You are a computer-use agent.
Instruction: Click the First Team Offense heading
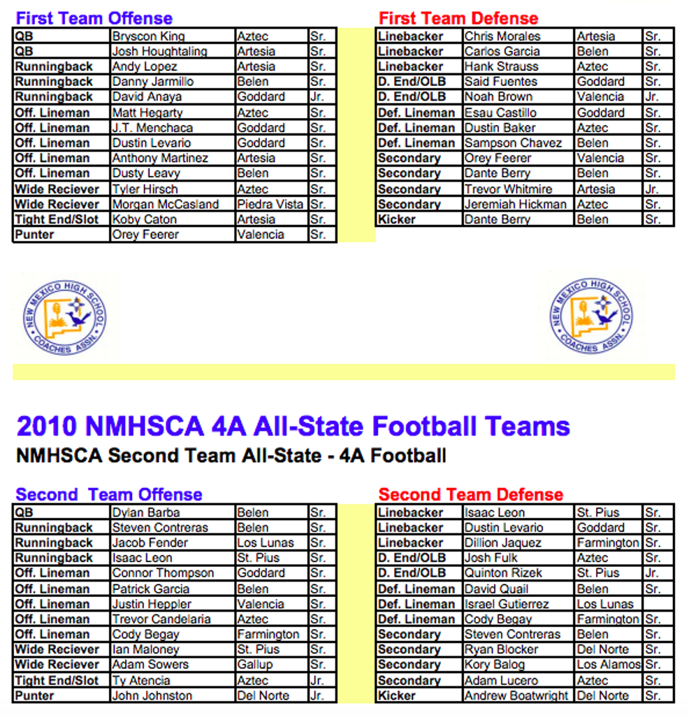point(94,18)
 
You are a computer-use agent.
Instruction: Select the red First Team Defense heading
point(458,18)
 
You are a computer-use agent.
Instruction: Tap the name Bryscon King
point(148,36)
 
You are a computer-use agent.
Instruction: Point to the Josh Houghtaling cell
point(159,52)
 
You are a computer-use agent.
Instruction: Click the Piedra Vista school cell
point(270,205)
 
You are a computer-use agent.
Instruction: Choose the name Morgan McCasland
point(165,205)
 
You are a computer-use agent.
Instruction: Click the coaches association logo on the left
point(65,316)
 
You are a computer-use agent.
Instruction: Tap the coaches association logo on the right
point(591,316)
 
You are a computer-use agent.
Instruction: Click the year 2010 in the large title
point(46,426)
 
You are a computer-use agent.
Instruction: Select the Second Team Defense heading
point(470,495)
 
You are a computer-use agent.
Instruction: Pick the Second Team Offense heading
point(109,495)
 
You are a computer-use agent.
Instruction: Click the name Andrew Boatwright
point(516,696)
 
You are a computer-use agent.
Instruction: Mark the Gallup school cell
point(254,665)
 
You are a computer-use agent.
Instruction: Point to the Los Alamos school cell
point(608,665)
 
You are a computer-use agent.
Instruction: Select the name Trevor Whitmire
point(508,189)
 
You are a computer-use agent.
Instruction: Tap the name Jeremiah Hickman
point(515,205)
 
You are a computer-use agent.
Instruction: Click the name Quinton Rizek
point(503,573)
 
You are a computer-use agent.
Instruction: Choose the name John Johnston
point(152,696)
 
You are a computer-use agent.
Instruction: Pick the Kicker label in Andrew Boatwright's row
point(396,696)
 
